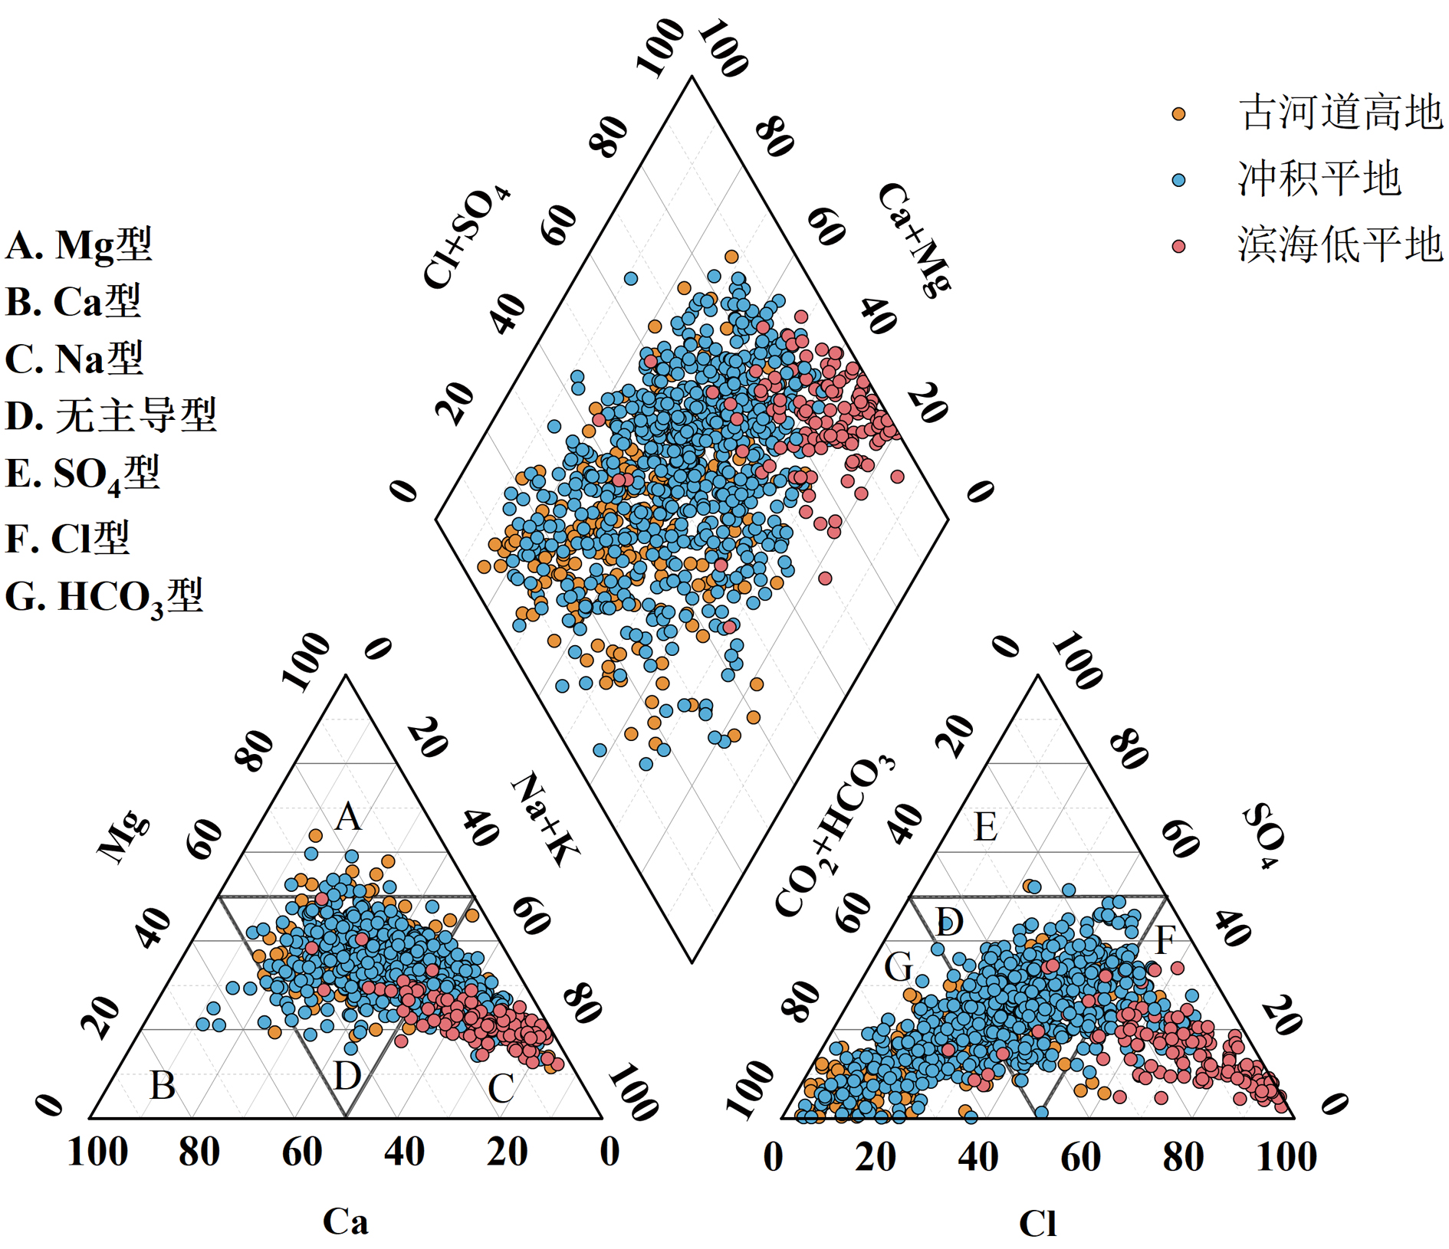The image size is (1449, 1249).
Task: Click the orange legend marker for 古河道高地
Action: tap(1178, 114)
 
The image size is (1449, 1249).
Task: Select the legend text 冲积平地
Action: tap(1319, 179)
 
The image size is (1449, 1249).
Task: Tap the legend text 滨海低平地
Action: tap(1339, 245)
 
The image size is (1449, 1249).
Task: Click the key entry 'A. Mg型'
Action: tap(79, 245)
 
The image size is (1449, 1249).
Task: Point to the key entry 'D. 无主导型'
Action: tap(111, 416)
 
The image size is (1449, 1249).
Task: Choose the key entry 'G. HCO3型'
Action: tap(104, 597)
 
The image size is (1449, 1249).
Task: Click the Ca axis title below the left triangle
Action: tap(345, 1221)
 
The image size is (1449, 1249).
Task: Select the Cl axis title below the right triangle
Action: tap(1037, 1224)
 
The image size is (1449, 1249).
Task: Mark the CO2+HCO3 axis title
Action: tap(834, 835)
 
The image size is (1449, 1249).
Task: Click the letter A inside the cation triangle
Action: tap(348, 817)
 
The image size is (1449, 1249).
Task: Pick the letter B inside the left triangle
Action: tap(163, 1086)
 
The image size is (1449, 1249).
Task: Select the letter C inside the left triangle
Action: tap(501, 1089)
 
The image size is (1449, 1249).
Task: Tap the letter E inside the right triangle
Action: tap(986, 828)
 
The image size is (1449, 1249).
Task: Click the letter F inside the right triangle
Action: tap(1165, 940)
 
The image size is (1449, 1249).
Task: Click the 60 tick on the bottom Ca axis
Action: tap(302, 1152)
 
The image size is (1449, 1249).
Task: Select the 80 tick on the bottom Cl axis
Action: tap(1183, 1157)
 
